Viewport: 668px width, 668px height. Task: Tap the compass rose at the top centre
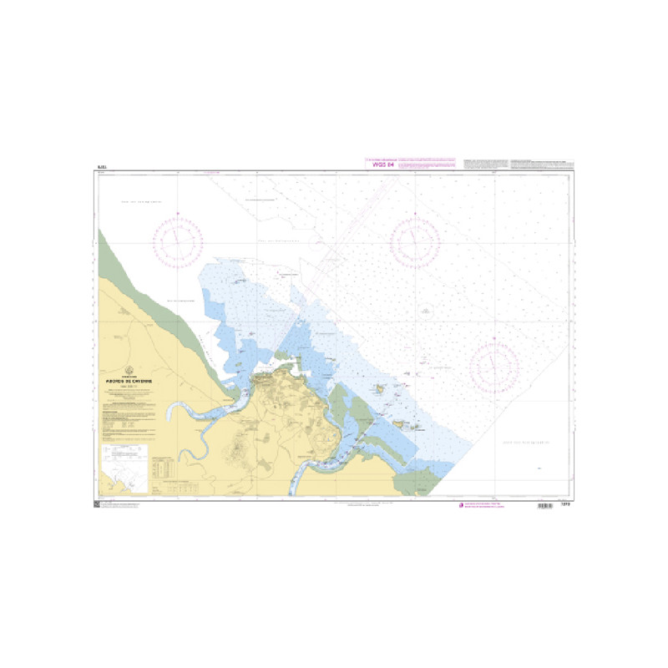(x=415, y=241)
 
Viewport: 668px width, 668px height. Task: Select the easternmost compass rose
(x=494, y=365)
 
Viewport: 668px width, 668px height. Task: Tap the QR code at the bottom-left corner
(x=97, y=505)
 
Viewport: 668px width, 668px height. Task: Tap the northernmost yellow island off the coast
(x=381, y=388)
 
